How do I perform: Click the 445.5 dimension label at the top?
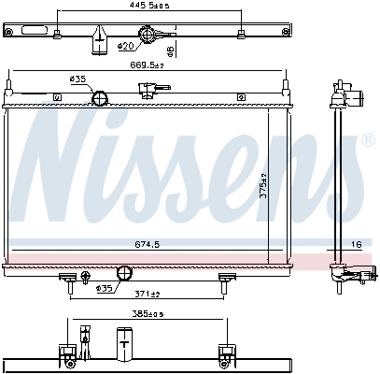(149, 6)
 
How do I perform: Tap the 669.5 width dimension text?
(147, 65)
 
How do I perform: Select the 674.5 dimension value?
(148, 244)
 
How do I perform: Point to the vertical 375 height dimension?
(263, 186)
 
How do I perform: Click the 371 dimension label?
(148, 294)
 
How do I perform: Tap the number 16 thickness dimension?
(358, 244)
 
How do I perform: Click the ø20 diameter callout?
(125, 46)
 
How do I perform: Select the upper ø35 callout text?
(77, 79)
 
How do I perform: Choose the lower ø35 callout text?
(104, 289)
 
